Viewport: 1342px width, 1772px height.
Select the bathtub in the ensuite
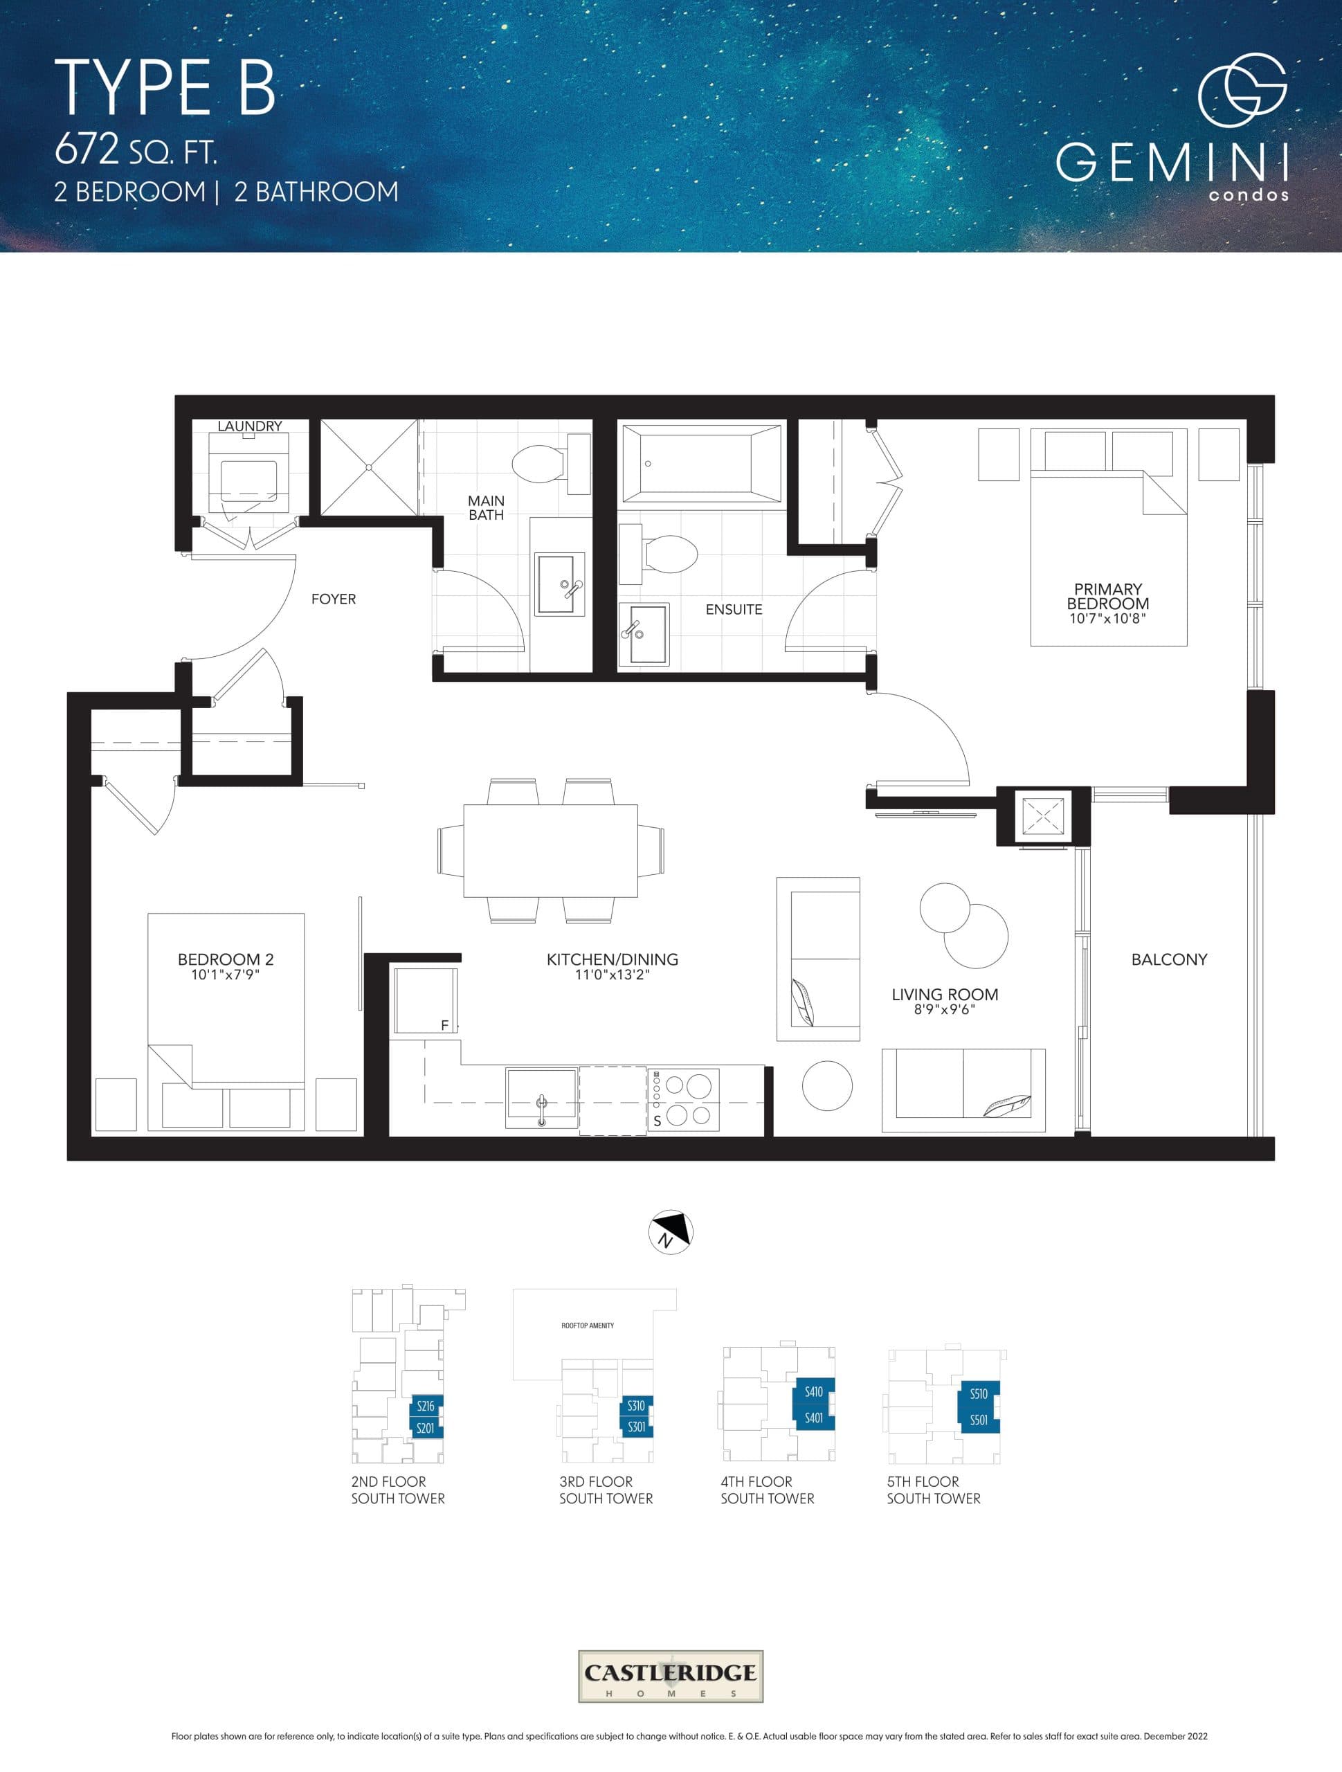pyautogui.click(x=701, y=464)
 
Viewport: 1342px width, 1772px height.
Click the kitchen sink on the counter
pyautogui.click(x=542, y=1095)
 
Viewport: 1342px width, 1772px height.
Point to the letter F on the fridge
pyautogui.click(x=444, y=1025)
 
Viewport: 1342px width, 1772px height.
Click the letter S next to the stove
pyautogui.click(x=657, y=1121)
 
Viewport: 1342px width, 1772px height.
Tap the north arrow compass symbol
pyautogui.click(x=670, y=1231)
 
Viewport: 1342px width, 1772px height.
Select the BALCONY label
pyautogui.click(x=1168, y=959)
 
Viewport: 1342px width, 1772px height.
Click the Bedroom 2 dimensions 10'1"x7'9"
pyautogui.click(x=225, y=975)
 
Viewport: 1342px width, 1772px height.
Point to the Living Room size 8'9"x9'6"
pyautogui.click(x=944, y=1009)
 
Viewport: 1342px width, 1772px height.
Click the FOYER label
pyautogui.click(x=334, y=599)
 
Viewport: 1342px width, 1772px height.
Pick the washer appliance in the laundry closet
pyautogui.click(x=248, y=477)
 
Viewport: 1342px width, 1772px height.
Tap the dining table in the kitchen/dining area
pyautogui.click(x=550, y=851)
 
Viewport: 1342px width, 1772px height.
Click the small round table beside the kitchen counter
pyautogui.click(x=827, y=1085)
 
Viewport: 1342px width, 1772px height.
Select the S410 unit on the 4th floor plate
pyautogui.click(x=813, y=1391)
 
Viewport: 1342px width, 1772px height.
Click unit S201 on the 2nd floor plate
pyautogui.click(x=425, y=1429)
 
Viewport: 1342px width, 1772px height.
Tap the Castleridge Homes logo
pyautogui.click(x=670, y=1676)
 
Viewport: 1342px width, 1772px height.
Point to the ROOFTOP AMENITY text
pyautogui.click(x=588, y=1326)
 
